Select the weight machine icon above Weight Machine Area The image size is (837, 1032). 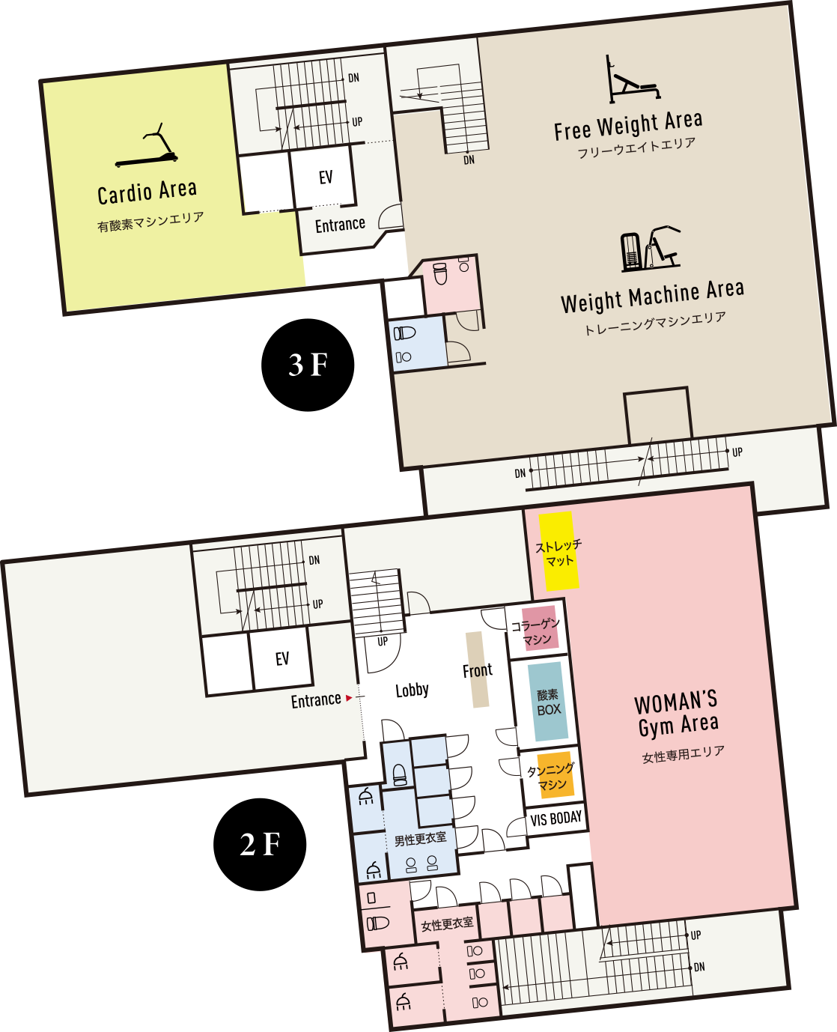[x=651, y=249]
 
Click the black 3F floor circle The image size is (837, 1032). [x=308, y=365]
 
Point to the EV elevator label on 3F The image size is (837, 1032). [x=326, y=177]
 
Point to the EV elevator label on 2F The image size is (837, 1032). [x=282, y=659]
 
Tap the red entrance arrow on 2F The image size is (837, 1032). [x=349, y=698]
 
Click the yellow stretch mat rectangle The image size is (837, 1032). [x=559, y=551]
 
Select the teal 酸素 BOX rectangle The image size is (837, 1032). [x=548, y=702]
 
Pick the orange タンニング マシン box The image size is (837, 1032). [x=555, y=775]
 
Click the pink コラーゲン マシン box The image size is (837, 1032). [x=540, y=628]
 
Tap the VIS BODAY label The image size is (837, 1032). [x=556, y=819]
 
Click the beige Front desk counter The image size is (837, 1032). [x=478, y=670]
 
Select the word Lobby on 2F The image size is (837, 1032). [x=413, y=690]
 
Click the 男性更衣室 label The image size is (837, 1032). [x=421, y=839]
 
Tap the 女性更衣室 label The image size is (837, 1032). [x=447, y=924]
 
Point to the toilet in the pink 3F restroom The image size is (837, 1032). [x=439, y=274]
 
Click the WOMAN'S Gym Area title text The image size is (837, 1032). [x=677, y=715]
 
